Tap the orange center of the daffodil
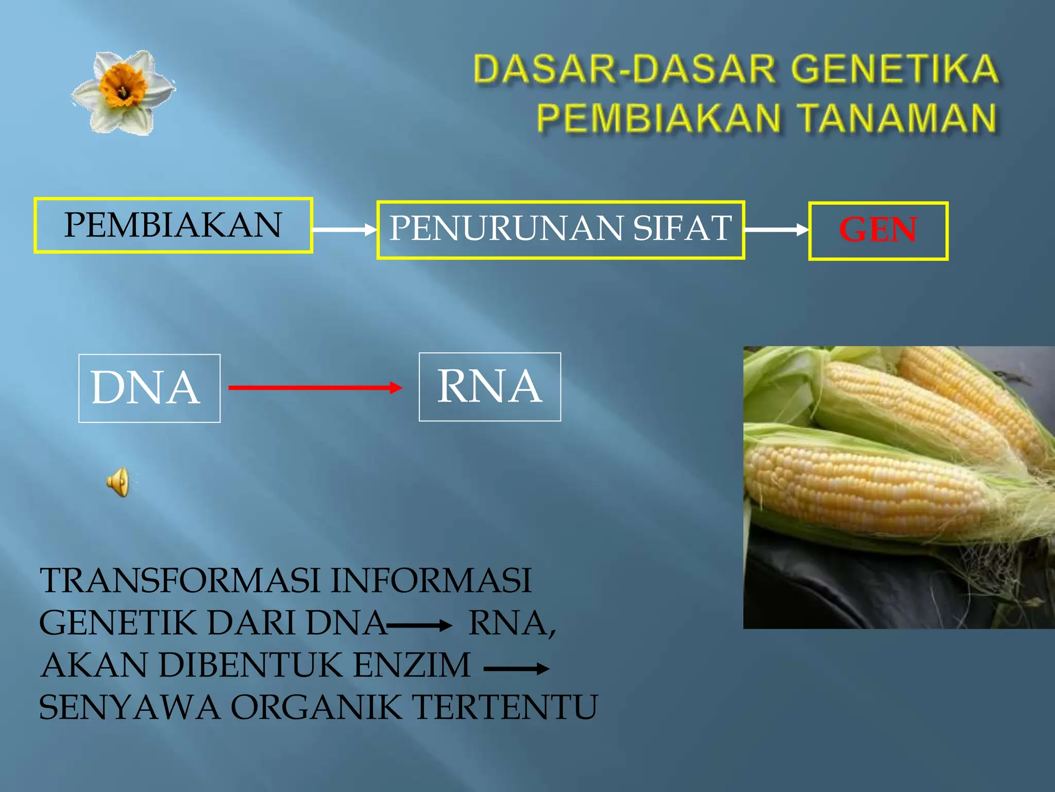[123, 86]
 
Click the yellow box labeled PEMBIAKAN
[173, 225]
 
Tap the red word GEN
[878, 229]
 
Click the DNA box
[149, 388]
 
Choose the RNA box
[489, 387]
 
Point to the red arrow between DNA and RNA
[314, 388]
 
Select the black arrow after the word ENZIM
[516, 669]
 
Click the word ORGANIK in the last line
[315, 707]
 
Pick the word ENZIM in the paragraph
[412, 665]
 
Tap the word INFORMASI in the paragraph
[431, 581]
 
